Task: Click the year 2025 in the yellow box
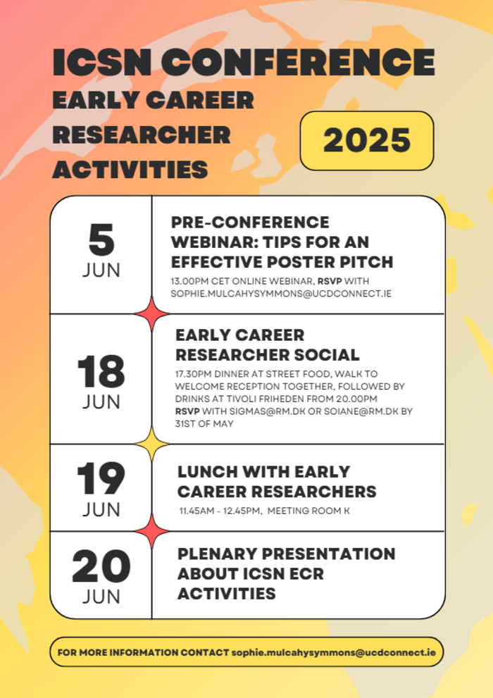click(x=367, y=140)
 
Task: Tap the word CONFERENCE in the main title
click(x=298, y=62)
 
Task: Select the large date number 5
click(x=101, y=240)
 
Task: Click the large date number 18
click(x=101, y=371)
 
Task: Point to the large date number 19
click(x=101, y=478)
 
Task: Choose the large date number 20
click(x=101, y=566)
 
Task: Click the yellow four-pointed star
click(x=151, y=444)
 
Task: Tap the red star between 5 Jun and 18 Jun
click(x=151, y=314)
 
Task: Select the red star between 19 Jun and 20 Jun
click(x=151, y=531)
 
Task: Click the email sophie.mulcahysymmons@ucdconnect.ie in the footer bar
click(x=333, y=653)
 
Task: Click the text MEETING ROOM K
click(x=308, y=511)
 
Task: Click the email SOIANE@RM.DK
click(x=361, y=411)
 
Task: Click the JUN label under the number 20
click(x=101, y=597)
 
